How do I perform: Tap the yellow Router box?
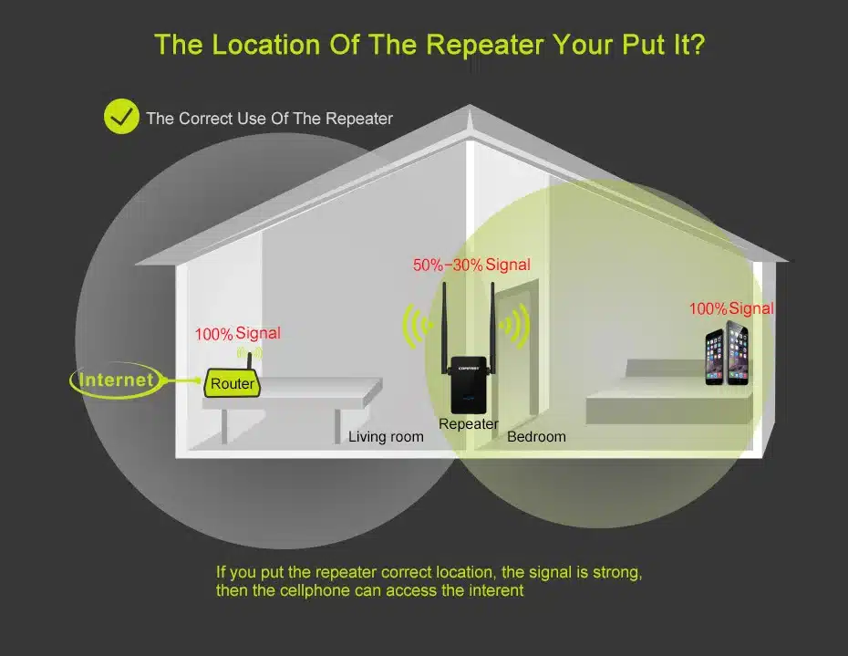(232, 384)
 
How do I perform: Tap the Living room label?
(386, 437)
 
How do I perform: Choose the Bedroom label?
(536, 437)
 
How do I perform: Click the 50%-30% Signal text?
(471, 265)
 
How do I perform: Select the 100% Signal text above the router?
(237, 334)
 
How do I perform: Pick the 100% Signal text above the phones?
(731, 308)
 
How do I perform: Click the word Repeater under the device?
(469, 423)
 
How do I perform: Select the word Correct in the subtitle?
(207, 119)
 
